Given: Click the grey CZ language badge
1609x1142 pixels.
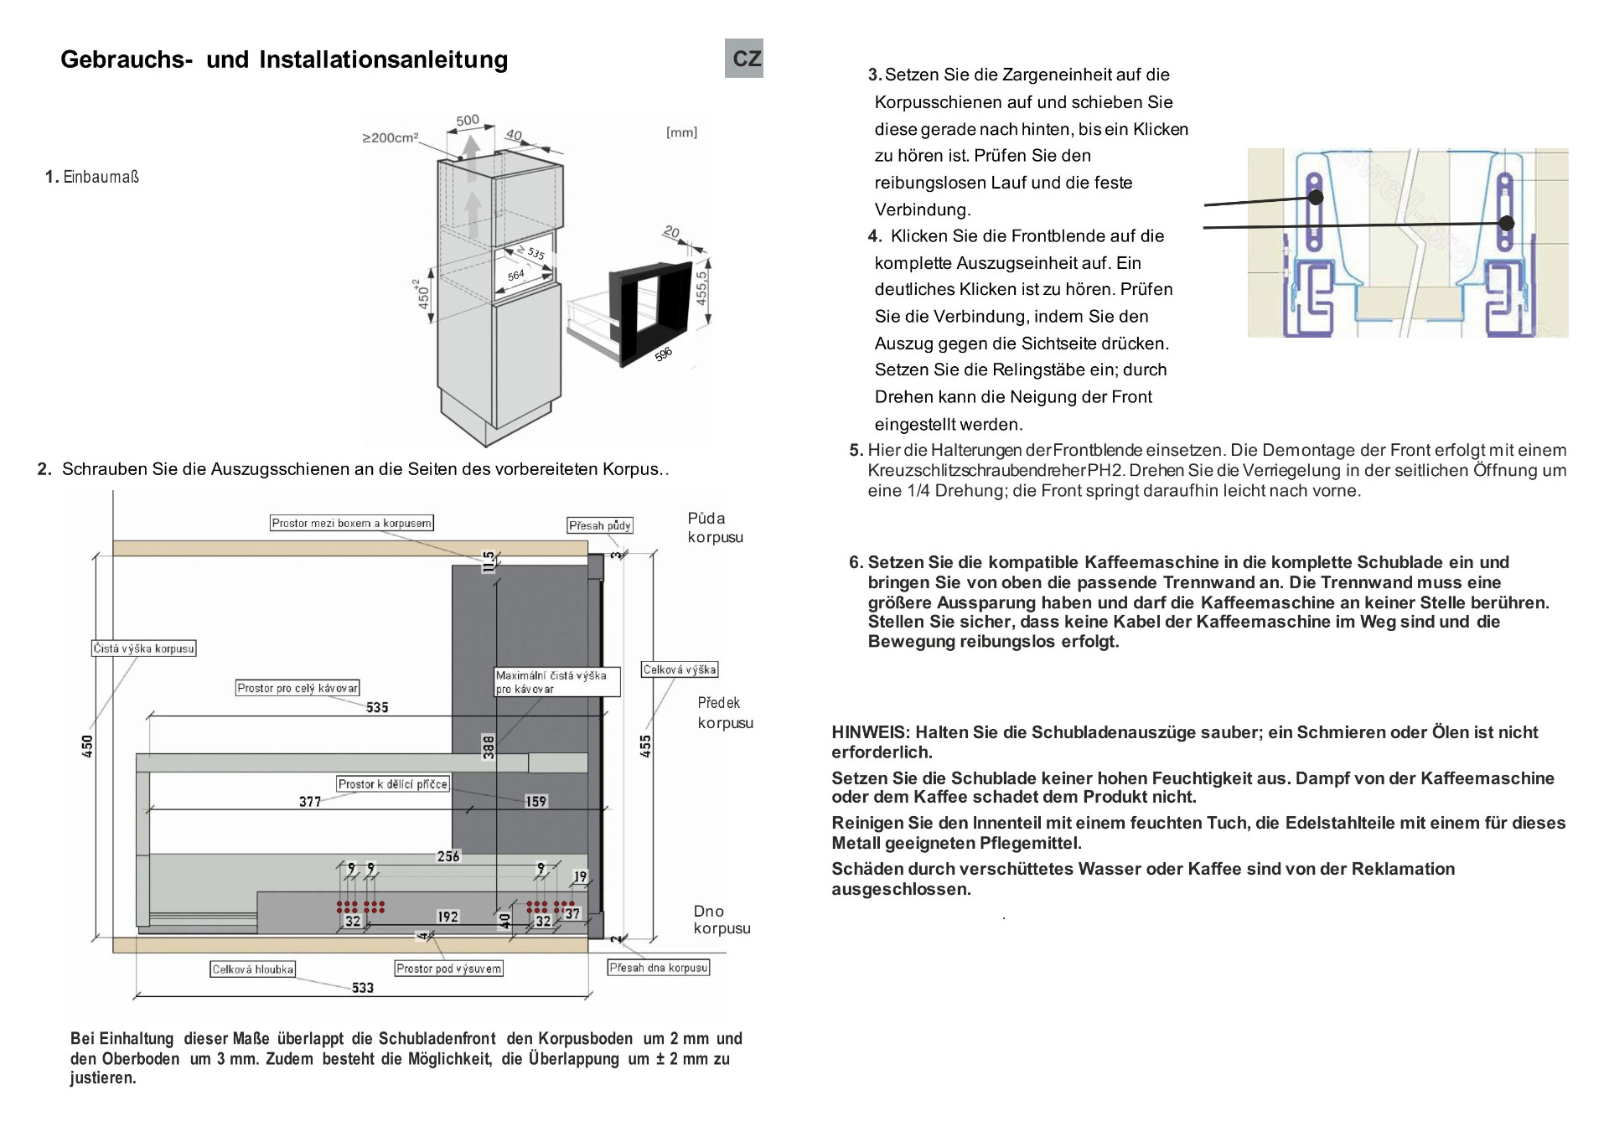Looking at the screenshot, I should click(x=744, y=59).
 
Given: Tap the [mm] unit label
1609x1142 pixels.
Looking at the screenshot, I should click(x=681, y=132).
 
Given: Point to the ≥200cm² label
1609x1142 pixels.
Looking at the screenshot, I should click(x=390, y=137).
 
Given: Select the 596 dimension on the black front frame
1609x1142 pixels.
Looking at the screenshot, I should click(x=663, y=354).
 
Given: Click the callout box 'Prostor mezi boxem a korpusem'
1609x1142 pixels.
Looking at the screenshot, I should click(x=352, y=523).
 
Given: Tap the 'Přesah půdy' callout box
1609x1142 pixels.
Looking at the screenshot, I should click(x=599, y=525).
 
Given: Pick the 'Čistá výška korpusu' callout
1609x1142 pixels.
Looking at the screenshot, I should click(x=143, y=649).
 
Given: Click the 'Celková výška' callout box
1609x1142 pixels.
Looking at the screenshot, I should click(x=680, y=669).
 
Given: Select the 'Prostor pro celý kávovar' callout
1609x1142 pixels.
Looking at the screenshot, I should click(x=297, y=688).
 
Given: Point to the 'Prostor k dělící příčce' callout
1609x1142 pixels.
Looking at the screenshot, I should click(x=393, y=784).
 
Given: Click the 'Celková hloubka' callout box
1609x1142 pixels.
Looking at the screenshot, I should click(x=252, y=969).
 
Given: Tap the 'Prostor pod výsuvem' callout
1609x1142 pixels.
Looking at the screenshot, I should click(x=449, y=969).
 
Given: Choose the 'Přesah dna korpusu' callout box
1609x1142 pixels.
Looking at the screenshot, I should click(x=659, y=968).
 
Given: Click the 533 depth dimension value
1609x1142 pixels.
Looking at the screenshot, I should click(x=363, y=988).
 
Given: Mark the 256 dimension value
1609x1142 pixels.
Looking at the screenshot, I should click(x=448, y=856).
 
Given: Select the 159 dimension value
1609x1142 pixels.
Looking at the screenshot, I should click(x=536, y=802).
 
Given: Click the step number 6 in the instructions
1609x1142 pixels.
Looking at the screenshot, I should click(x=855, y=562).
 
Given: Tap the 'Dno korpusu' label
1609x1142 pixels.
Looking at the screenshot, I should click(x=722, y=920).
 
